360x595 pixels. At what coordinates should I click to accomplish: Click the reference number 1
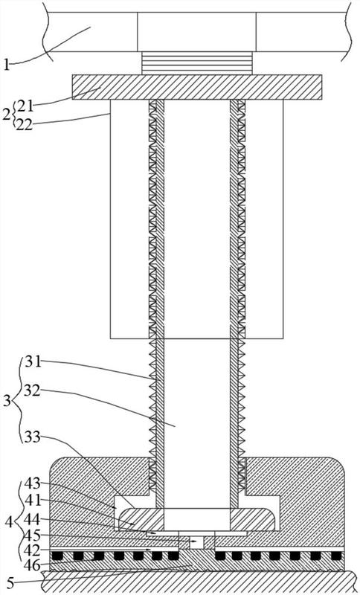pos(6,65)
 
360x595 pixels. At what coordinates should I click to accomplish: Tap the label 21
pos(25,106)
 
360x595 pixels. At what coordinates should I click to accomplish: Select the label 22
pos(25,124)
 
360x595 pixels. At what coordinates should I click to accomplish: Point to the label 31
pos(32,362)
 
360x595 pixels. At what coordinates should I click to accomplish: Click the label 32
pos(32,390)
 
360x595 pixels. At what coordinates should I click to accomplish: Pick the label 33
pos(32,437)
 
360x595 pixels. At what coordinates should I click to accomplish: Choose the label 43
pos(32,483)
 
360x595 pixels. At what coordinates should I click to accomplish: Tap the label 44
pos(32,518)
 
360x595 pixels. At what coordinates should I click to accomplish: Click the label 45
pos(32,535)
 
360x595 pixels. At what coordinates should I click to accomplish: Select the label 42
pos(32,550)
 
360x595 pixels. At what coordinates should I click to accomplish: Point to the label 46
pos(32,565)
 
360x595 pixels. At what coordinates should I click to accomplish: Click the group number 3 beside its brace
pos(7,401)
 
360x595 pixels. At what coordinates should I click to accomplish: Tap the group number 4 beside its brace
pos(8,523)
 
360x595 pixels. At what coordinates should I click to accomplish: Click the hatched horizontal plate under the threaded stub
pos(197,87)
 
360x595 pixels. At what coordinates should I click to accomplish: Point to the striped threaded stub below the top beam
pos(196,63)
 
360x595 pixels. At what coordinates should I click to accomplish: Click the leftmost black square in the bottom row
pos(57,556)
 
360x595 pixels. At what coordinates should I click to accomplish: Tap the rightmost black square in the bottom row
pos(336,556)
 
